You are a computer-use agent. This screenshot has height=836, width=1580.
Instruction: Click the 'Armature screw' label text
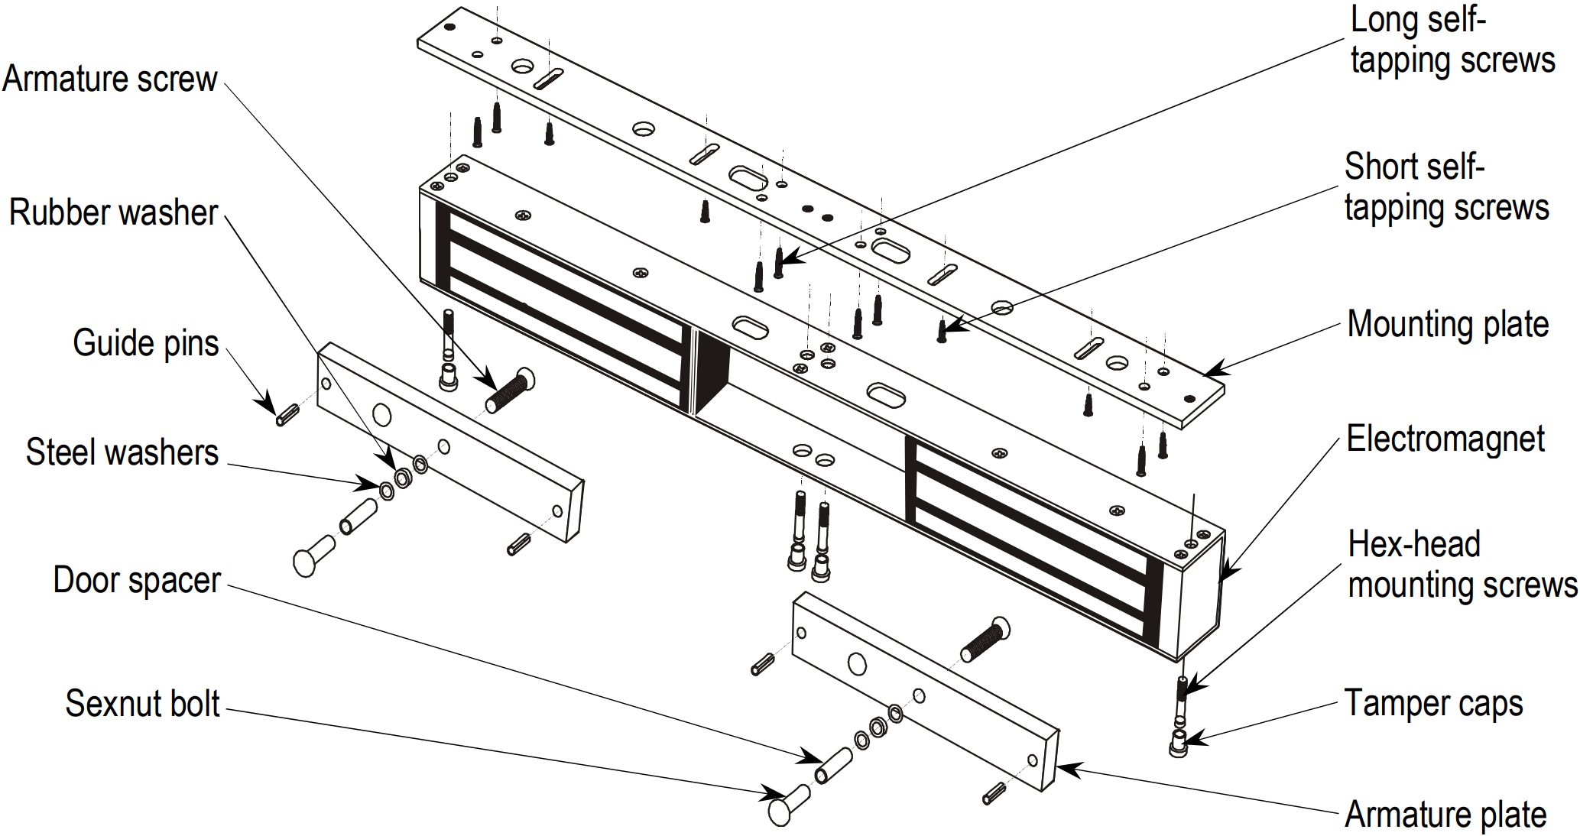click(110, 79)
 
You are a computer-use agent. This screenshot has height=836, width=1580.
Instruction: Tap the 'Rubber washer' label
click(114, 212)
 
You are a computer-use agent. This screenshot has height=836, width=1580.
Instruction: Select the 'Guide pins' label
click(145, 343)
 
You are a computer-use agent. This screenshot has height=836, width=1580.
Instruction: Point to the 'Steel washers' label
click(122, 452)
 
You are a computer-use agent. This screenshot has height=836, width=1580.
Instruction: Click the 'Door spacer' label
click(137, 581)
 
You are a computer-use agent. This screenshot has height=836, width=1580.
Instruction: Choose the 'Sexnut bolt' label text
click(142, 704)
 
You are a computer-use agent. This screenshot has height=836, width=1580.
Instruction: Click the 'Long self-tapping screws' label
click(1452, 41)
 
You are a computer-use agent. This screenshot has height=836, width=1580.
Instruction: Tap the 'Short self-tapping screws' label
click(1446, 187)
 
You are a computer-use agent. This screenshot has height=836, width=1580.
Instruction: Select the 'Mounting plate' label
click(1448, 324)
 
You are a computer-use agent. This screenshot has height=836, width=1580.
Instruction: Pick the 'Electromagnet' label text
click(1445, 439)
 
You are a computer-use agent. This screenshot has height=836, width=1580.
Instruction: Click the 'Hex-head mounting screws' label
click(1462, 565)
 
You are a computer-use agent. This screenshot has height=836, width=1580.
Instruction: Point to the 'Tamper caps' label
click(1433, 704)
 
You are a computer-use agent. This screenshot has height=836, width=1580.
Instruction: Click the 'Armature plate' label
click(1445, 815)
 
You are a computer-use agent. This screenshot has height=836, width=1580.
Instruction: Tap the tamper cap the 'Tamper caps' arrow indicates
click(1179, 743)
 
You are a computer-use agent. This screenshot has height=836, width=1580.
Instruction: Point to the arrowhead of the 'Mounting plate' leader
click(1210, 372)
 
